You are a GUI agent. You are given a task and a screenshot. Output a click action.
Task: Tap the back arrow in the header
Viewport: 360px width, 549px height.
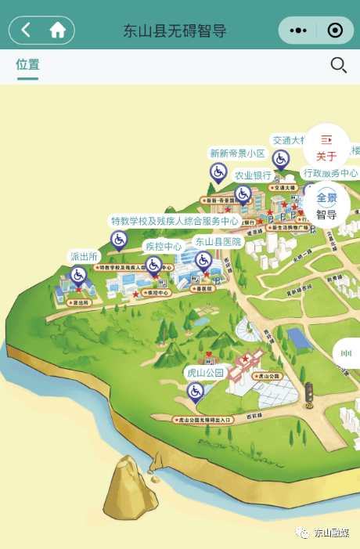[x=26, y=31]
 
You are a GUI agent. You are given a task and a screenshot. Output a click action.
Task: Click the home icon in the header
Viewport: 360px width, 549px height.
[x=57, y=31]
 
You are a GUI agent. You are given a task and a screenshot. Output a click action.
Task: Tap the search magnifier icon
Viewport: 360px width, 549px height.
[x=338, y=66]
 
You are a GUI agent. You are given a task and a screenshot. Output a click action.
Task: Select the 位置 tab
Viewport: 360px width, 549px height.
[x=27, y=65]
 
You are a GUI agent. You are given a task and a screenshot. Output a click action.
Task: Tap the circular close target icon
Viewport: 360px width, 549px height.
[x=335, y=31]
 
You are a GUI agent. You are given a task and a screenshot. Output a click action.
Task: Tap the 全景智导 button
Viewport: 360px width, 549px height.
[x=326, y=205]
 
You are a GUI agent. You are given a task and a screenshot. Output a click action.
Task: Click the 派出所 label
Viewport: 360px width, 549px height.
[x=84, y=256]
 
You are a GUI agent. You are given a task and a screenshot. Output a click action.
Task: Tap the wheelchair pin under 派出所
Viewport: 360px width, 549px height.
[x=78, y=275]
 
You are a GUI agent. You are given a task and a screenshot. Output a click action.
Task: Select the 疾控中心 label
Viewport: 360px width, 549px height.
[x=164, y=246]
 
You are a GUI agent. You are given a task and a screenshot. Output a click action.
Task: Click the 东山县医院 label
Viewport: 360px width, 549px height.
[x=218, y=241]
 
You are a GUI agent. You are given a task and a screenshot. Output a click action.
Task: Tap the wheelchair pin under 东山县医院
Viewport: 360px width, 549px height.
[x=203, y=260]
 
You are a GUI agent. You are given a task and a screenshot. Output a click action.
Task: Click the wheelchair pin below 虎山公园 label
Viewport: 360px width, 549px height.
[x=196, y=391]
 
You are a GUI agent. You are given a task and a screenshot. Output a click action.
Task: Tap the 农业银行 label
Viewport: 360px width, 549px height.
[x=253, y=175]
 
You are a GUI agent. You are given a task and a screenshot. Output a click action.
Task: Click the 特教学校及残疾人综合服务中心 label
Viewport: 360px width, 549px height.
[x=175, y=222]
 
